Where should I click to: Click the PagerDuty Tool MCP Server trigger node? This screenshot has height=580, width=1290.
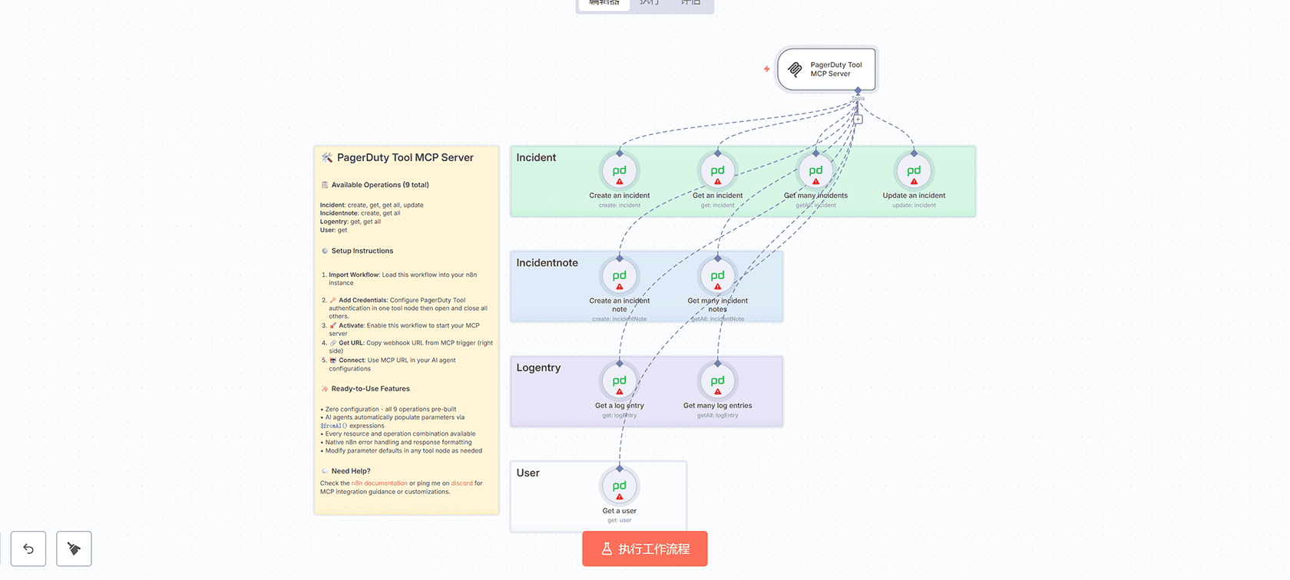click(x=827, y=69)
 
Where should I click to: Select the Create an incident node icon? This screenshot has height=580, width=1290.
click(x=620, y=171)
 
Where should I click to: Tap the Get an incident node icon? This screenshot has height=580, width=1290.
click(x=717, y=171)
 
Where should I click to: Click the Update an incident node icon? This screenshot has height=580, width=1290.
click(x=914, y=171)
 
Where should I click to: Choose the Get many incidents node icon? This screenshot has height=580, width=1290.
click(x=815, y=171)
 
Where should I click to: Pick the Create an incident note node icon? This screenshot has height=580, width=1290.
click(x=620, y=276)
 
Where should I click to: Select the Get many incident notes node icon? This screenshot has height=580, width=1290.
click(x=717, y=276)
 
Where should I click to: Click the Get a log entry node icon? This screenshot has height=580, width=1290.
click(x=620, y=381)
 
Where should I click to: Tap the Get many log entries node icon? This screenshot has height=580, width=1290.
click(x=717, y=381)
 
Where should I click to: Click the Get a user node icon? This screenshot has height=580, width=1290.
click(x=620, y=486)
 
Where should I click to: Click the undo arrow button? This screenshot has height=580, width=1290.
click(x=28, y=549)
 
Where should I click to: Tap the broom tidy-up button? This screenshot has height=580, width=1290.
click(x=74, y=549)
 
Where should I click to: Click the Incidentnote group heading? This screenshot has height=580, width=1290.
click(x=547, y=263)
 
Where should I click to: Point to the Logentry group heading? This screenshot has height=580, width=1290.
click(x=538, y=368)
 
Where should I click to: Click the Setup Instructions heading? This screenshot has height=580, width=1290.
click(x=362, y=251)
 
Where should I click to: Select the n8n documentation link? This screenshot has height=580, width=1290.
click(x=379, y=483)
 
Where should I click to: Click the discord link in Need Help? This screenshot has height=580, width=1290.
click(x=461, y=483)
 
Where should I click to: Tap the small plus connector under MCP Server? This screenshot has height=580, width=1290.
click(x=858, y=120)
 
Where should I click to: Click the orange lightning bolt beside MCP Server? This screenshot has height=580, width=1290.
click(x=766, y=69)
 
